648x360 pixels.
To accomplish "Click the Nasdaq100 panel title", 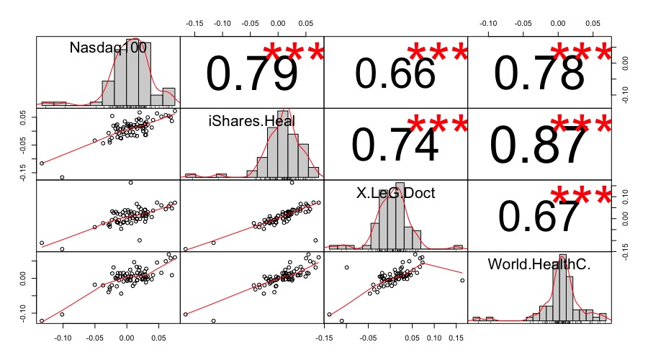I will point(108,48).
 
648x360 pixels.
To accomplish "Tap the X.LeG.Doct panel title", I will point(395,192).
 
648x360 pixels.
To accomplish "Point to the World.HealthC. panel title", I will point(539,264).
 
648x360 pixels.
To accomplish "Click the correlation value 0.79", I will point(252,73).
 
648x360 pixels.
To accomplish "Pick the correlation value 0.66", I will point(395,73).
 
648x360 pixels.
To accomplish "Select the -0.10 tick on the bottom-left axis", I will point(63,336).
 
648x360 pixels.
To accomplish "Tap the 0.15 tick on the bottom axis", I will point(457,336).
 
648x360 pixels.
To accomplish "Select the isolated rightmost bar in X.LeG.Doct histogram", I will point(458,247).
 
